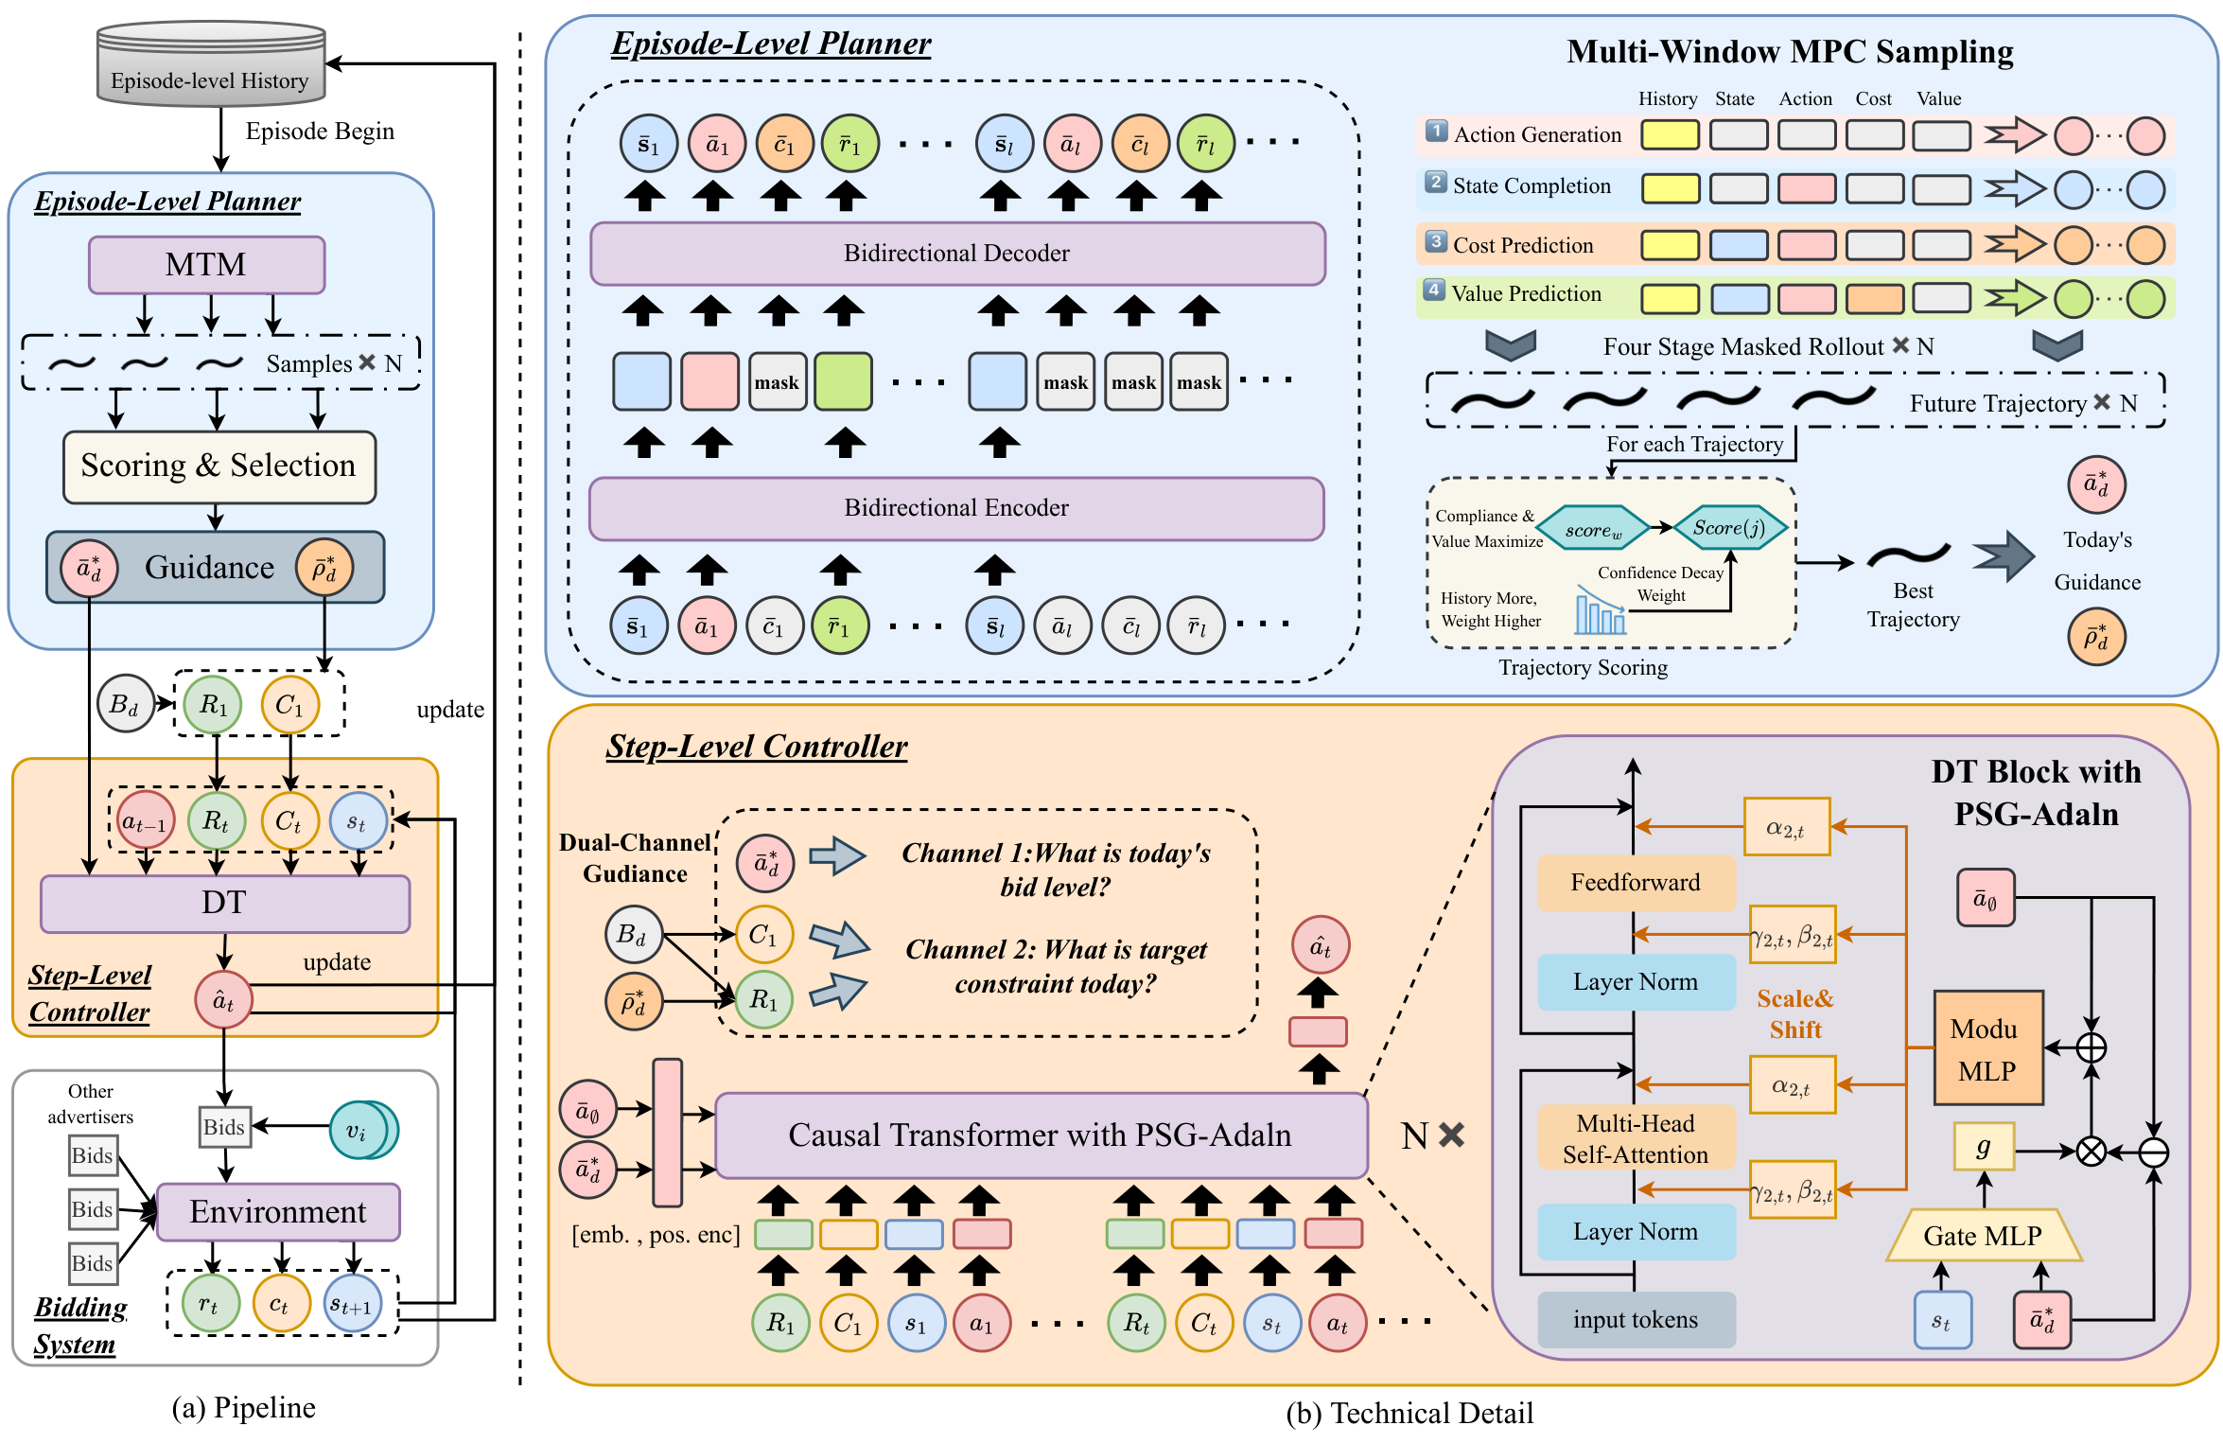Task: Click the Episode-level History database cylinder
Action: (211, 64)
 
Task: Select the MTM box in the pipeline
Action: (206, 265)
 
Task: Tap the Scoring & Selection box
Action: (219, 466)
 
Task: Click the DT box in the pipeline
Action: (224, 904)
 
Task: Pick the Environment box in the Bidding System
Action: (277, 1212)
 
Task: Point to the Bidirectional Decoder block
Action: (956, 254)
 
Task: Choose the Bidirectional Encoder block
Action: (956, 508)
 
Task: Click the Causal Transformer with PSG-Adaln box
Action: (1041, 1135)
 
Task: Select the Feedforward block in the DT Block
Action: (1636, 883)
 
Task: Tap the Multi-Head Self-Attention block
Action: (1636, 1138)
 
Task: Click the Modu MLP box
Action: (1987, 1048)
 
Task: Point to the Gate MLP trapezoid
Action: (1983, 1235)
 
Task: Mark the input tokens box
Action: (1636, 1320)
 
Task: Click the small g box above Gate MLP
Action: (1984, 1148)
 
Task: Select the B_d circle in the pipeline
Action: (125, 704)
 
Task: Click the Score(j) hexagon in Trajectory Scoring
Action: (1730, 528)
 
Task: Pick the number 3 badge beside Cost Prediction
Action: (1436, 242)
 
